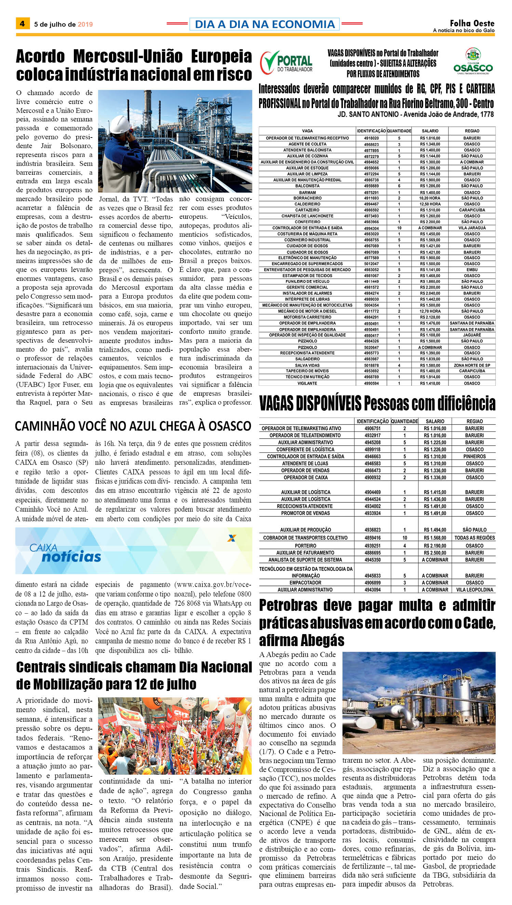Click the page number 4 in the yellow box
23,24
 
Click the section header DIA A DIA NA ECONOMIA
265,24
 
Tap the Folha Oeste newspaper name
472,24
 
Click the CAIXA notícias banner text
65,553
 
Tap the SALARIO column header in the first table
430,131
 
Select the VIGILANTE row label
307,383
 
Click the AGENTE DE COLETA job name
307,144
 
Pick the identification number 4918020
371,138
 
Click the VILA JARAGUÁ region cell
472,228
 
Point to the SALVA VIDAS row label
307,365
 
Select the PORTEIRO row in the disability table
306,546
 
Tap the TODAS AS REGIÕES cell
474,538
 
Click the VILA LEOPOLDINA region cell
474,590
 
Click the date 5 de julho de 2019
64,24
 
